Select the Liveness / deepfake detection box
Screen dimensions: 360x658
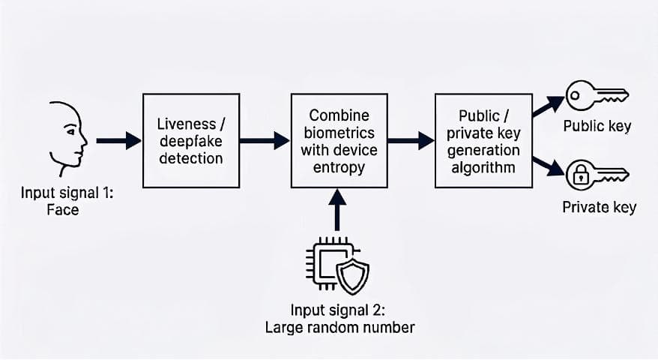(x=191, y=140)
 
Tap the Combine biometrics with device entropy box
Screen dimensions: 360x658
(x=339, y=140)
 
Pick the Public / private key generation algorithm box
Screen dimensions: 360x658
(x=483, y=140)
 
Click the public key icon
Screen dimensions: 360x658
(x=597, y=96)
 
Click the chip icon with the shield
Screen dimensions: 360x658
(x=336, y=265)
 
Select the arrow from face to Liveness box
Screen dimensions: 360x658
(x=118, y=139)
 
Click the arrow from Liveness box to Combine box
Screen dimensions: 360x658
(x=265, y=139)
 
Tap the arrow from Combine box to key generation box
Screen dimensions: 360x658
(x=410, y=139)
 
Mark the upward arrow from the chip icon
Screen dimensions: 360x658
(x=337, y=210)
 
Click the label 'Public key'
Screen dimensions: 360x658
(x=597, y=125)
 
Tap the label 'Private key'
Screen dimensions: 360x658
(x=599, y=207)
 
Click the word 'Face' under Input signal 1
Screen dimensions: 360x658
(x=63, y=209)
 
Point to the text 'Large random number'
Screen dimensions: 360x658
(x=339, y=327)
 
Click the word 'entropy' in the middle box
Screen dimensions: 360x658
(x=339, y=166)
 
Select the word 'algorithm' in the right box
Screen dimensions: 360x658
(x=483, y=166)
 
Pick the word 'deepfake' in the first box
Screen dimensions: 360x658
(x=190, y=140)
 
